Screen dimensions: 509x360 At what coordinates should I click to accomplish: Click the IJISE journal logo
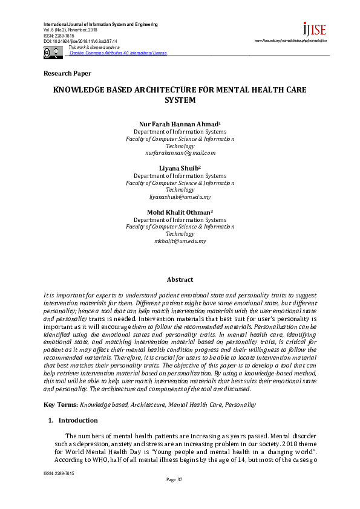(314, 29)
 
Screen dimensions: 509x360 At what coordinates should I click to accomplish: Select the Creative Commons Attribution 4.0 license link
(118, 53)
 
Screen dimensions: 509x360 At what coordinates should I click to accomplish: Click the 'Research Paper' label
(67, 74)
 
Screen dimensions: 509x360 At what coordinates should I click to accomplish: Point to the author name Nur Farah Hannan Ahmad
(179, 125)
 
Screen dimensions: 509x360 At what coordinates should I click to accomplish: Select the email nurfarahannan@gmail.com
(180, 153)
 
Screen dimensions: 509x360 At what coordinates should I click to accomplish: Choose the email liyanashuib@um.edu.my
(180, 197)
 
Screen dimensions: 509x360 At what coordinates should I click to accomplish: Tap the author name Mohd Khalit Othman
(179, 212)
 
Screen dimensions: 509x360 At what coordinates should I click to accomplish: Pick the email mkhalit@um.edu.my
(180, 241)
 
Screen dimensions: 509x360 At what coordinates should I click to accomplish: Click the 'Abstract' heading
(180, 279)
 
